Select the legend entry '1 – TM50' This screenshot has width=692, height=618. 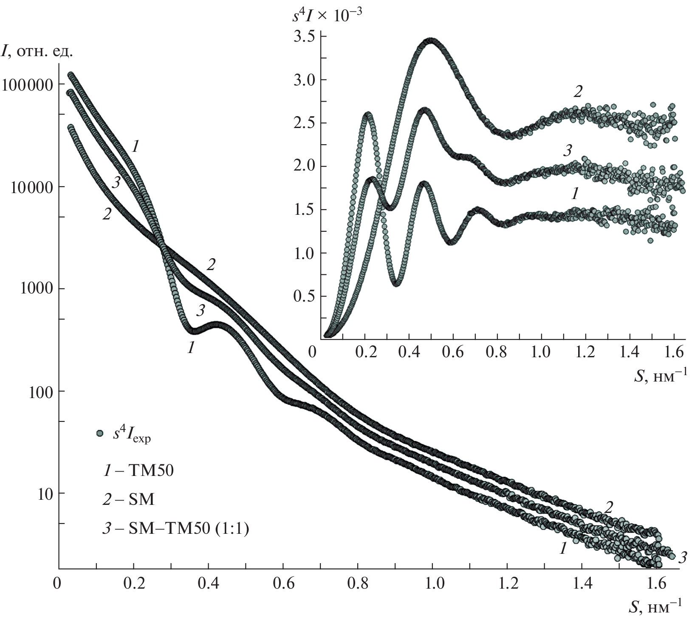[x=138, y=471]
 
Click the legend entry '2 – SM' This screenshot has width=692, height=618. [x=128, y=500]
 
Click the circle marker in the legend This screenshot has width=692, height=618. [x=100, y=433]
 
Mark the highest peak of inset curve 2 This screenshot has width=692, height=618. [x=432, y=41]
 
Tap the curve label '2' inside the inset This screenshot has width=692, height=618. [x=578, y=91]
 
